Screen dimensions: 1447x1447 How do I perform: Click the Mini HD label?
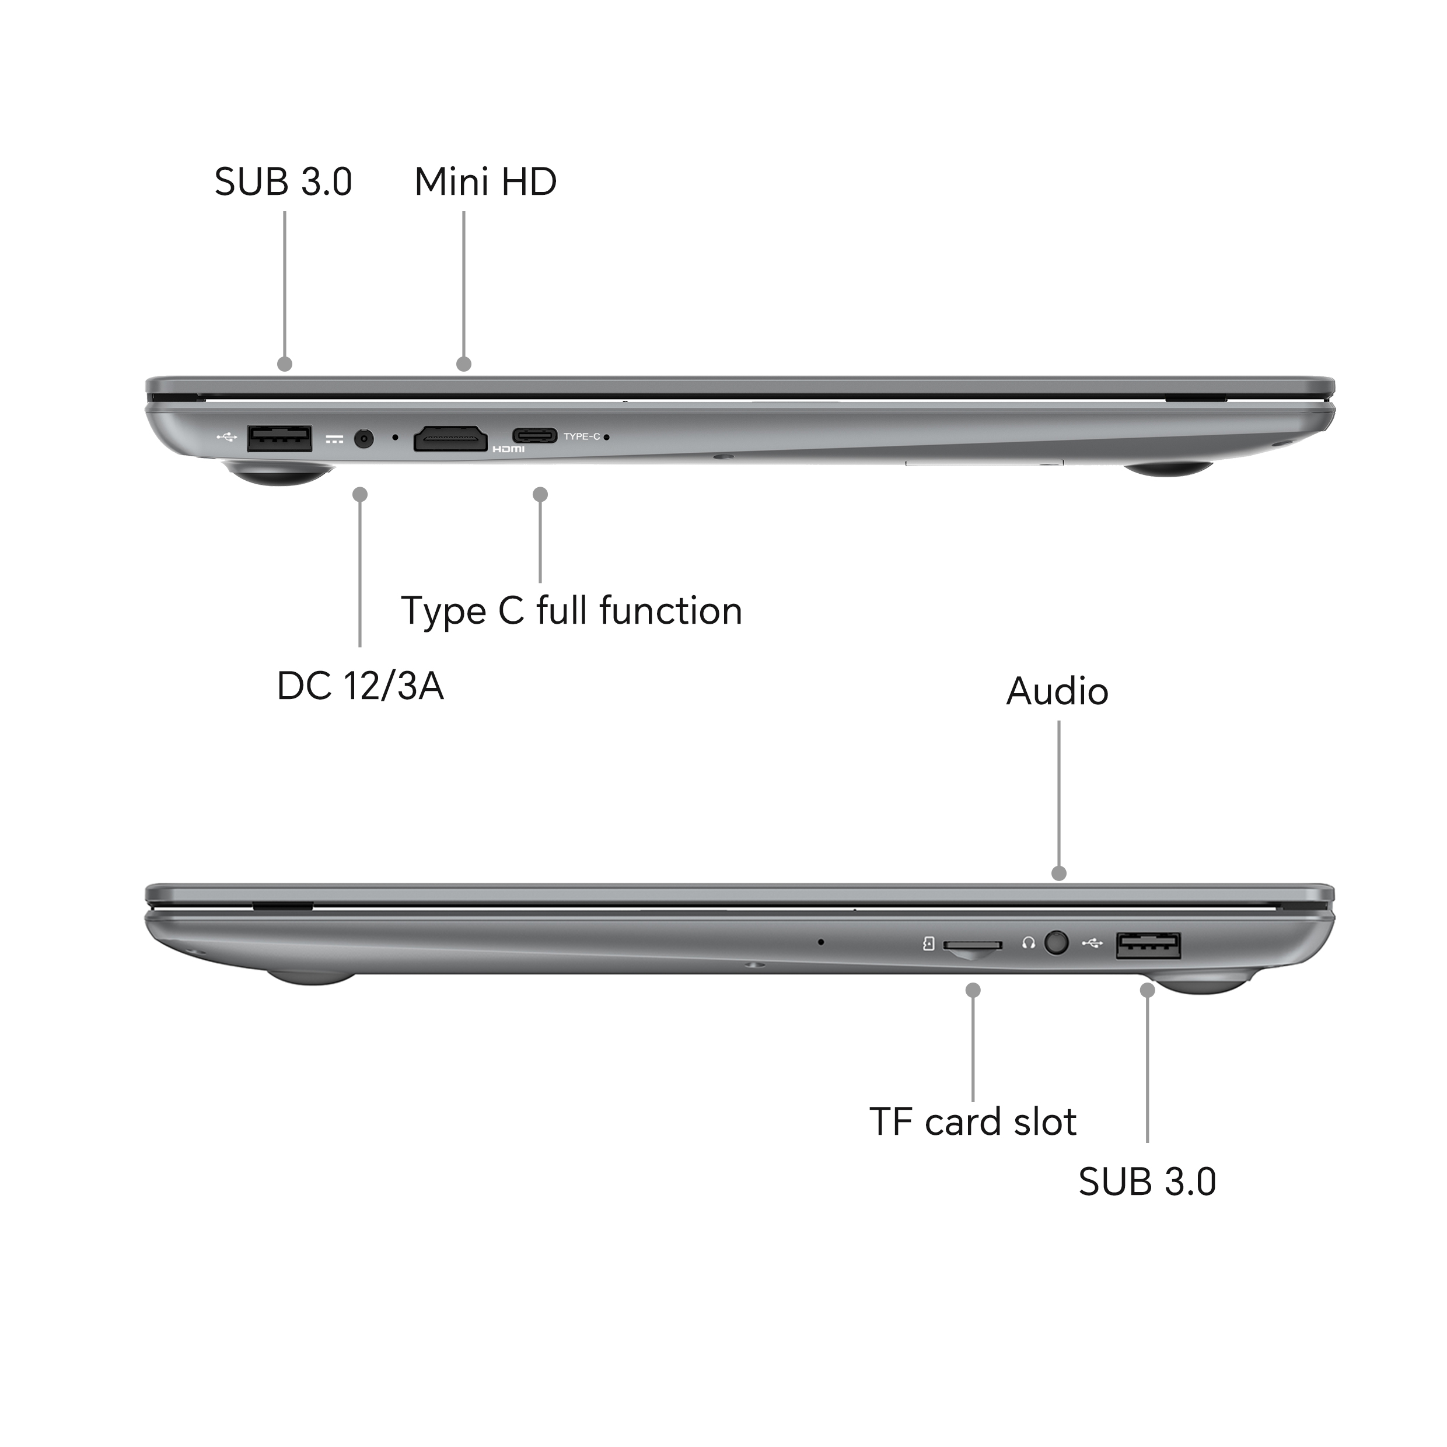click(x=485, y=182)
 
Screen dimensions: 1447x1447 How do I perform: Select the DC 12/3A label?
click(x=360, y=686)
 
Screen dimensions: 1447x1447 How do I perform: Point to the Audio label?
click(x=1057, y=691)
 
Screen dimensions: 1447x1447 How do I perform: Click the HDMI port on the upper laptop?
click(x=450, y=438)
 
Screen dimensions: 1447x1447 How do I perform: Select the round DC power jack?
click(x=364, y=438)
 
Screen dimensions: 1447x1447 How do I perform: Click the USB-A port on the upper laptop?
click(x=279, y=438)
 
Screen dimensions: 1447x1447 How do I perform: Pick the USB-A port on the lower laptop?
click(x=1148, y=945)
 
